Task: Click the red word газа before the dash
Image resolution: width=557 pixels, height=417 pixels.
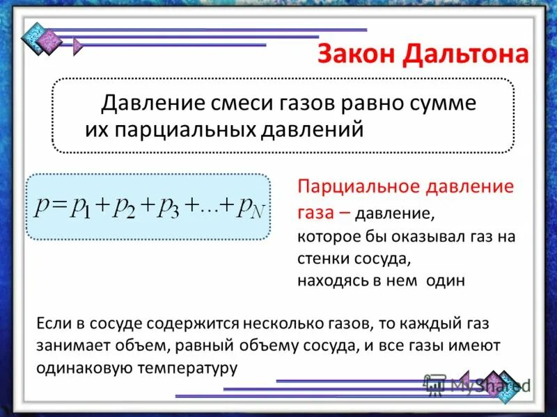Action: tap(317, 212)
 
